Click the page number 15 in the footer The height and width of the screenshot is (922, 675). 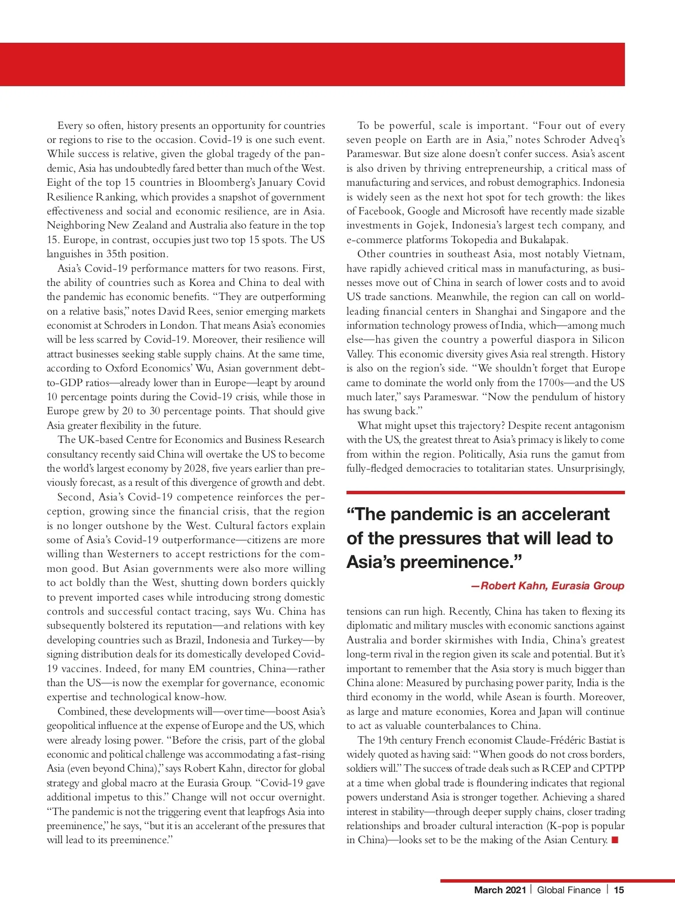(619, 890)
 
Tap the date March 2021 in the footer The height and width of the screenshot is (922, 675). (499, 890)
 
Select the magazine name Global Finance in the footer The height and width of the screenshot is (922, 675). (569, 890)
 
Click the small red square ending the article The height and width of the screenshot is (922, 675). (615, 840)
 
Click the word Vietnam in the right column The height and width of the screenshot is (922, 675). (604, 254)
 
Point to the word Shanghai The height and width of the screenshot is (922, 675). (498, 311)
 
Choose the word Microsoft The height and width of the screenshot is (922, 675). (490, 211)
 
